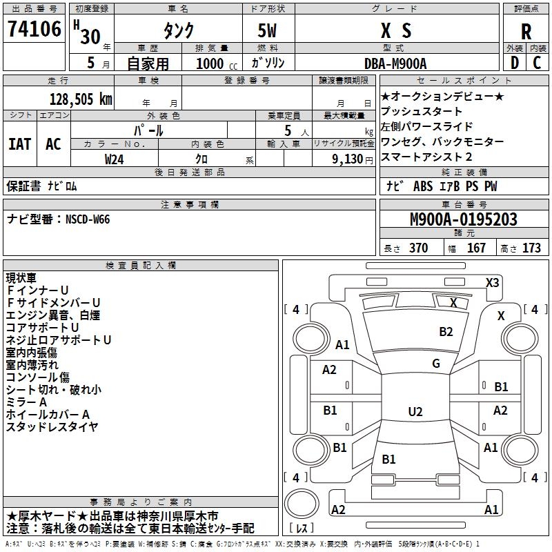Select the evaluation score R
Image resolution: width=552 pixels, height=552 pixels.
(x=526, y=31)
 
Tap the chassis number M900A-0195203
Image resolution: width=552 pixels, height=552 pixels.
(x=463, y=219)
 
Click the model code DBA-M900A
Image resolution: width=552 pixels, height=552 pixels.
(x=396, y=63)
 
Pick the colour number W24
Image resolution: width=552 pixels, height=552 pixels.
(x=115, y=159)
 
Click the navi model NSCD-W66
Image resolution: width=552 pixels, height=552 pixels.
(x=88, y=219)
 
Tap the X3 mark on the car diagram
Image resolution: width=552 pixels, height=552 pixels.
(x=492, y=282)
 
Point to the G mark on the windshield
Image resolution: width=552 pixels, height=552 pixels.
(x=435, y=364)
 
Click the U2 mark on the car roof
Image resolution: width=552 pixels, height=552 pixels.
(x=415, y=412)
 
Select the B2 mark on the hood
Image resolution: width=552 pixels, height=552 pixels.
(x=446, y=332)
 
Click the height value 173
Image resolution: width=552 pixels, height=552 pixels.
(x=531, y=248)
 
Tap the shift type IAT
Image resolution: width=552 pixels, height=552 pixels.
(x=19, y=144)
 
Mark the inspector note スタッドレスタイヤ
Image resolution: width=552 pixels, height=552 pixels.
(x=52, y=426)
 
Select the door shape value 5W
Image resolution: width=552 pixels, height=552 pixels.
(x=268, y=31)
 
